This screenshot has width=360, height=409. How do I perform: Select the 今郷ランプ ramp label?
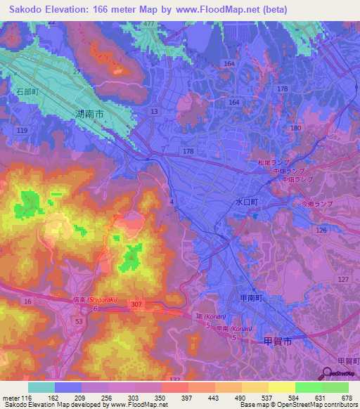pos(314,203)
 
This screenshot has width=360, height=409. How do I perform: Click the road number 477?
pos(148,24)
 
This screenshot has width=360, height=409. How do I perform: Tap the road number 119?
pos(22,131)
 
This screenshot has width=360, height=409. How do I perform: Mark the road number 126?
pos(322,230)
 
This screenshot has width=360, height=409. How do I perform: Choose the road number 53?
pos(79,320)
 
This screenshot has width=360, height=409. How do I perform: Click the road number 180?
pos(295,128)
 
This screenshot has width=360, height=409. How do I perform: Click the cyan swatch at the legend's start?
pos(41,387)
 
